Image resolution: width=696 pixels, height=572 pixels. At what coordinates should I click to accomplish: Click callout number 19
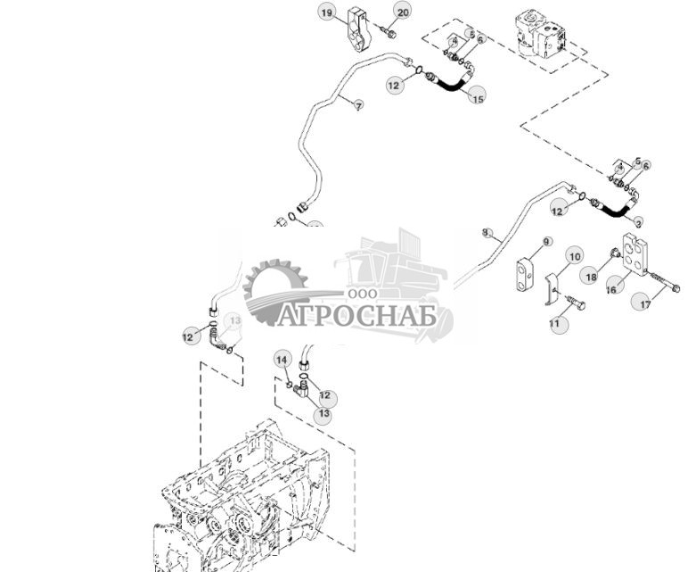pyautogui.click(x=327, y=12)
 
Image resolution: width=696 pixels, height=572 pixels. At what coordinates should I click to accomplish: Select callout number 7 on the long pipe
pyautogui.click(x=358, y=106)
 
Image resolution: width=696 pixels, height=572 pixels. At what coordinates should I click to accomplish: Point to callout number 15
pyautogui.click(x=478, y=96)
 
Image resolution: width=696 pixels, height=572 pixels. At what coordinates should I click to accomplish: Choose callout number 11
pyautogui.click(x=555, y=324)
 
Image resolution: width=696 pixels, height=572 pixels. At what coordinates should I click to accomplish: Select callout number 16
pyautogui.click(x=611, y=288)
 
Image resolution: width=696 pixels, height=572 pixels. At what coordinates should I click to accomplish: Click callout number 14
pyautogui.click(x=282, y=360)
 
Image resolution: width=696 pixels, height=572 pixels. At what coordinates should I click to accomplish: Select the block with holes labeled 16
pyautogui.click(x=638, y=252)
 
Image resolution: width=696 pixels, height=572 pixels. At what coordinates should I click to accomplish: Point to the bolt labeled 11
pyautogui.click(x=572, y=304)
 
